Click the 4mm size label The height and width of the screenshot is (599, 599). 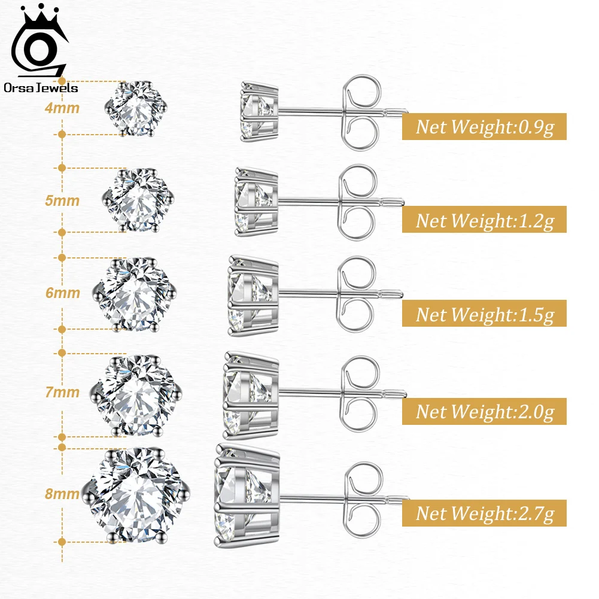click(x=62, y=108)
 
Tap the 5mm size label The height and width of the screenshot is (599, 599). click(x=62, y=200)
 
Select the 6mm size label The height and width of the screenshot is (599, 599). click(x=62, y=293)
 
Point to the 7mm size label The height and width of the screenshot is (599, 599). click(x=62, y=393)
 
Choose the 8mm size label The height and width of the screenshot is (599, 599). click(x=62, y=494)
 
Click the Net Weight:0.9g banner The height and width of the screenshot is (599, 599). click(x=484, y=127)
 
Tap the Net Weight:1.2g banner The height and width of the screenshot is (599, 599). click(x=484, y=220)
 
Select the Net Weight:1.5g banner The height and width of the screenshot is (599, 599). click(x=484, y=314)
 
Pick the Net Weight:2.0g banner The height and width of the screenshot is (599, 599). click(x=484, y=411)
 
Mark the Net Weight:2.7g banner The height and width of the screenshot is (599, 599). click(x=484, y=513)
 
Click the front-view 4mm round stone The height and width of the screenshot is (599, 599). click(x=137, y=108)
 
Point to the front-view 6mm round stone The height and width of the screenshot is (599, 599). click(x=136, y=293)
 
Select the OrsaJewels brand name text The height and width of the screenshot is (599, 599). click(x=41, y=88)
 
